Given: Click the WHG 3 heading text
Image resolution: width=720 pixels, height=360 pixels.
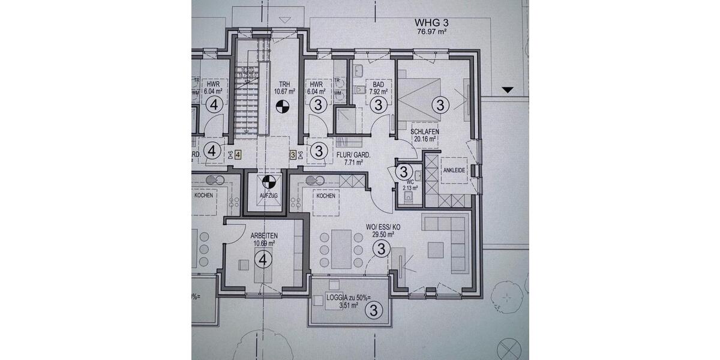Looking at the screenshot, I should point(431,23).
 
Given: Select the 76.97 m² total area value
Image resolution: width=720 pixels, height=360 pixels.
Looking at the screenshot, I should point(431,32).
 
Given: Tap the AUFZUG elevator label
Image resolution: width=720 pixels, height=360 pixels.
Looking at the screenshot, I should point(269,196).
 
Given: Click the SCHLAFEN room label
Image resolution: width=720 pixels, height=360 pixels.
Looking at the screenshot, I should point(424,131).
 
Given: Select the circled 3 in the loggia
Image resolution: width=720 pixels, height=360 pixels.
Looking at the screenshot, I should point(374,310).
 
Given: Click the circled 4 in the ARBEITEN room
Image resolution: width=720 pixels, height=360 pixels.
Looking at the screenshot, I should point(263,259).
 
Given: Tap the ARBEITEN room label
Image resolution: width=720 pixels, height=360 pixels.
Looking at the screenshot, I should point(263,236).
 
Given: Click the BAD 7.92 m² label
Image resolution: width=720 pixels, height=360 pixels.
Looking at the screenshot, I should point(379,89).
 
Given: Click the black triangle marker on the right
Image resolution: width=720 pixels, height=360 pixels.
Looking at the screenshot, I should point(508,90).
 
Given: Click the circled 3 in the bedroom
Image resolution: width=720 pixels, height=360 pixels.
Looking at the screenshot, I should point(441,106).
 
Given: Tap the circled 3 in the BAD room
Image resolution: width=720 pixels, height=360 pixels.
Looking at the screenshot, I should point(378,106).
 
